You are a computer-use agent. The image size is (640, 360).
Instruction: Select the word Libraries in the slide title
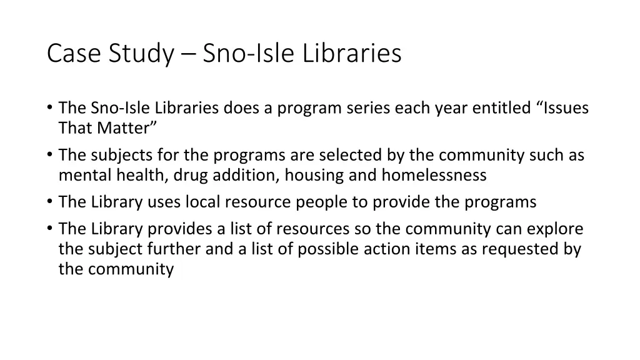pos(352,53)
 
